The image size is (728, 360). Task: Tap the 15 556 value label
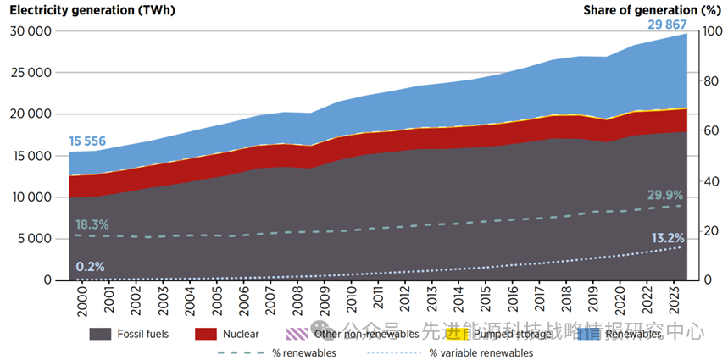[x=87, y=141]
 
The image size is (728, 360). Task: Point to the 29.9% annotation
[x=665, y=195]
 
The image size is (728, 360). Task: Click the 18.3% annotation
[x=93, y=224]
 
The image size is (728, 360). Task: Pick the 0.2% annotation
[x=90, y=267]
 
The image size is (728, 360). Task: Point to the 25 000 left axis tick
[x=30, y=73]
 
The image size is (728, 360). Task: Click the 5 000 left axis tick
[x=34, y=239]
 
